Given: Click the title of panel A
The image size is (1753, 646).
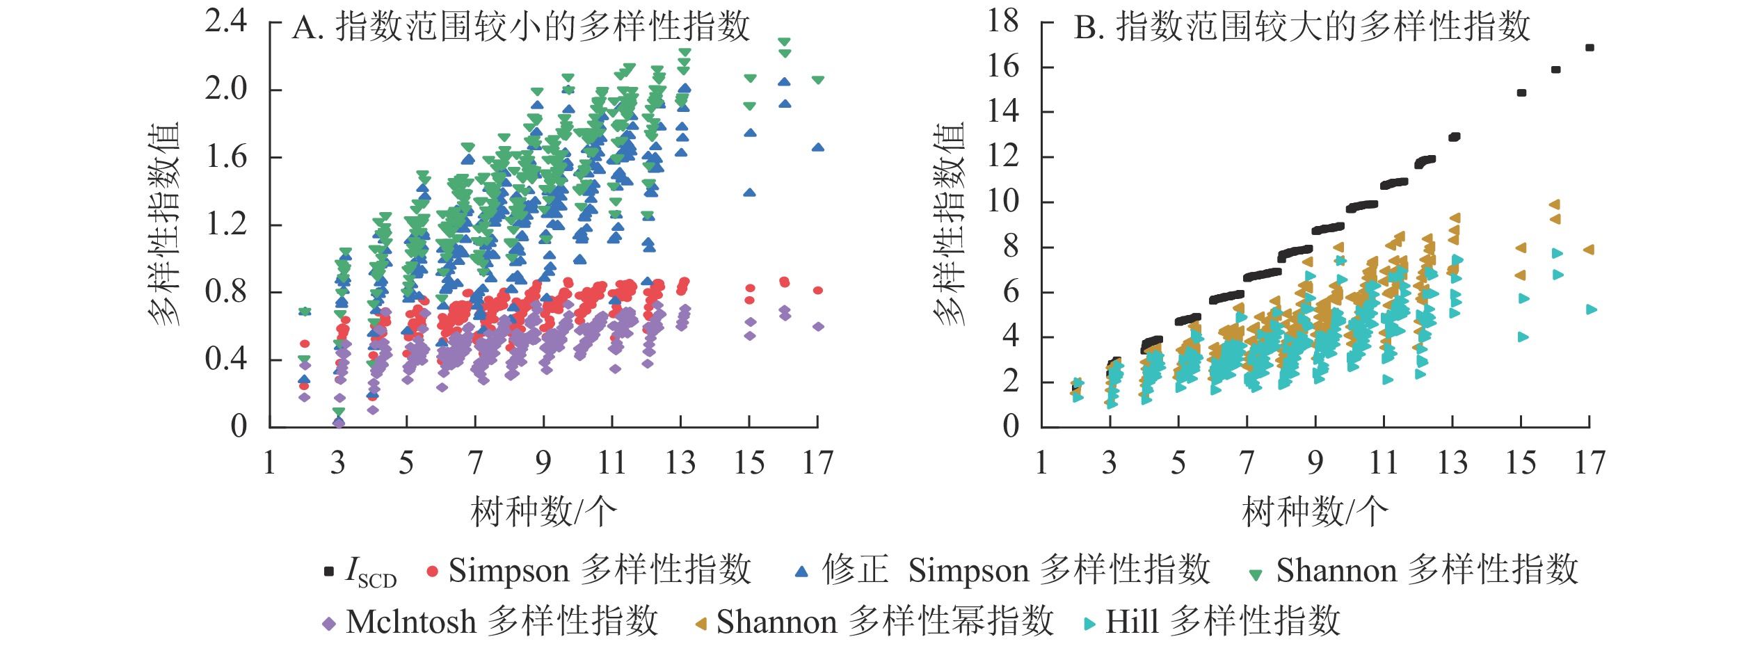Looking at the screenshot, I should pyautogui.click(x=520, y=28).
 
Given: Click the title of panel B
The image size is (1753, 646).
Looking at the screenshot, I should pyautogui.click(x=1302, y=28).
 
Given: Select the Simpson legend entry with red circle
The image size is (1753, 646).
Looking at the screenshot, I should pyautogui.click(x=589, y=571).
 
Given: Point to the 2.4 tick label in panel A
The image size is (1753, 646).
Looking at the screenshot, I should pyautogui.click(x=226, y=22).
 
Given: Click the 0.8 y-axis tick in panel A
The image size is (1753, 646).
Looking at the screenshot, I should pyautogui.click(x=226, y=292).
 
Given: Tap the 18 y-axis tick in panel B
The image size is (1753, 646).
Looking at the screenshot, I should pyautogui.click(x=1002, y=22).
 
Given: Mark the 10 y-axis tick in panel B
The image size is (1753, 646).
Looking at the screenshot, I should pyautogui.click(x=1002, y=202).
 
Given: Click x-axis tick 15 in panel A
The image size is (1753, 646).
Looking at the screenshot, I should pyautogui.click(x=749, y=463).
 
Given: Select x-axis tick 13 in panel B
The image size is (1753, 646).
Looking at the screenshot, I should pyautogui.click(x=1452, y=463).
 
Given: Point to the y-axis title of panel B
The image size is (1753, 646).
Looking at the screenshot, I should pyautogui.click(x=949, y=224).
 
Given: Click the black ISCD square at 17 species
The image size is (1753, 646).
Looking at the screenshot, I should pyautogui.click(x=1590, y=48).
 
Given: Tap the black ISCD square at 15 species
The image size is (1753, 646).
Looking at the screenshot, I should pyautogui.click(x=1521, y=93).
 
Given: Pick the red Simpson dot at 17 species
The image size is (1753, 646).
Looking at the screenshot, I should pyautogui.click(x=818, y=291).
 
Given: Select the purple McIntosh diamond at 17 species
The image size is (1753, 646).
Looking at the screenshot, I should pyautogui.click(x=818, y=327).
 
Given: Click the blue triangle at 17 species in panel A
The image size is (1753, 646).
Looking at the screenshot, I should pyautogui.click(x=818, y=147).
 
